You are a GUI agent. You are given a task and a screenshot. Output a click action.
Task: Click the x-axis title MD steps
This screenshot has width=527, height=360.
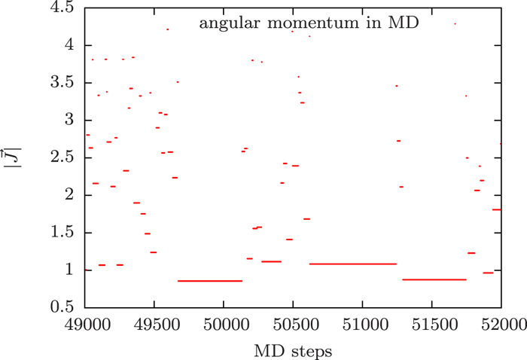pyautogui.click(x=293, y=350)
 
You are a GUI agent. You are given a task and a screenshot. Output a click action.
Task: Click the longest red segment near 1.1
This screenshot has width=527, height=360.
pyautogui.click(x=352, y=264)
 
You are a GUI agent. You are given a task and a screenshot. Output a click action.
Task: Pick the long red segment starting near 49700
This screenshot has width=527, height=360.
pyautogui.click(x=210, y=281)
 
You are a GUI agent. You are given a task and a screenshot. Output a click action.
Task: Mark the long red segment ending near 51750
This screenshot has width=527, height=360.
pyautogui.click(x=434, y=279)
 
